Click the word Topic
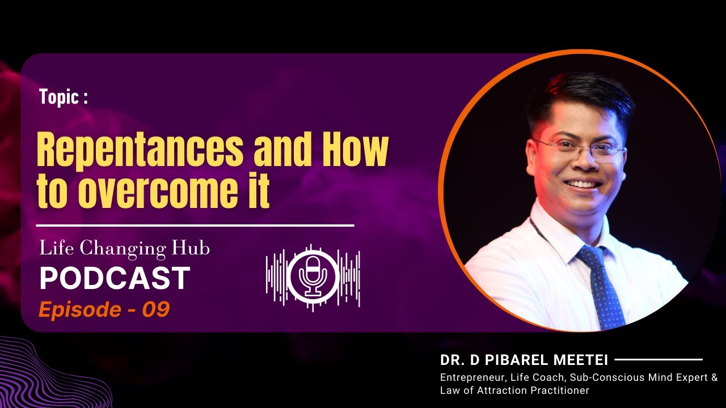coord(60,97)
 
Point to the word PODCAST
coord(114,278)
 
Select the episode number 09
coord(156,309)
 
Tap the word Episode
coord(79,309)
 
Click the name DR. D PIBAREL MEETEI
coord(524,360)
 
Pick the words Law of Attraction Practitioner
coord(514,390)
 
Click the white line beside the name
coord(659,359)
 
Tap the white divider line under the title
coord(195,225)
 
